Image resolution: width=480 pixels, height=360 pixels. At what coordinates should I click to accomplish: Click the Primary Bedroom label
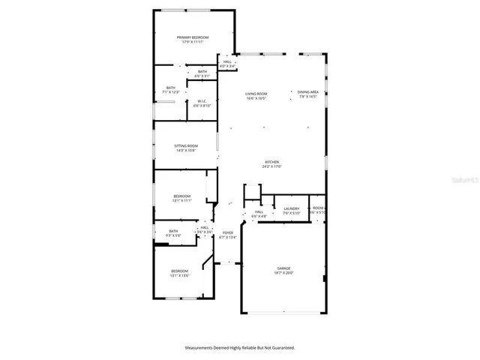(x=193, y=40)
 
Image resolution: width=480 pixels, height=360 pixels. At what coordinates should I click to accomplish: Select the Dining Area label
(x=307, y=94)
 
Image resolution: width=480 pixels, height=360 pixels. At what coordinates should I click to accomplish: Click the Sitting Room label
(x=186, y=148)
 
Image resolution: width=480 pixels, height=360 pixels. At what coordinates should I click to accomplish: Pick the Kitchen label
(x=271, y=165)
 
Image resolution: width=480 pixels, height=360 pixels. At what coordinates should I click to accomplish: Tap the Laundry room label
(x=292, y=211)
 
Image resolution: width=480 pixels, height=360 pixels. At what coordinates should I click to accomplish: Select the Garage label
(x=283, y=271)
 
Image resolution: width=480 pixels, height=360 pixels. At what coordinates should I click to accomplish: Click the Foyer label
(x=228, y=235)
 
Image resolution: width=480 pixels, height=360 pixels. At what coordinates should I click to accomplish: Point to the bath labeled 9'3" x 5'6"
(x=173, y=233)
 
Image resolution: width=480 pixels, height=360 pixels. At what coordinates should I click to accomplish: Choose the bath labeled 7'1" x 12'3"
(x=171, y=90)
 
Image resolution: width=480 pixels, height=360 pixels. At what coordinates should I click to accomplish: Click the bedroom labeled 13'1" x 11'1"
(x=183, y=199)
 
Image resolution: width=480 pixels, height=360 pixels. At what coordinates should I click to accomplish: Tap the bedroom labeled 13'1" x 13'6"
(x=179, y=273)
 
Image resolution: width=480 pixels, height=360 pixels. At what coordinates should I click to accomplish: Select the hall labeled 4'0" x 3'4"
(x=226, y=64)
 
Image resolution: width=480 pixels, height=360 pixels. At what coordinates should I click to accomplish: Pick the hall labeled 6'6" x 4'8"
(x=259, y=214)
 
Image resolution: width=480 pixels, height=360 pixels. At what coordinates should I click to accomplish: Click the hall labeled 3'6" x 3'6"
(x=204, y=229)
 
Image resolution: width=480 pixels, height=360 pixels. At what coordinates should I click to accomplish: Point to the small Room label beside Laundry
(x=318, y=210)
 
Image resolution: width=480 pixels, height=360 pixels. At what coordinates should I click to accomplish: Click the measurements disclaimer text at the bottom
(x=240, y=348)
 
